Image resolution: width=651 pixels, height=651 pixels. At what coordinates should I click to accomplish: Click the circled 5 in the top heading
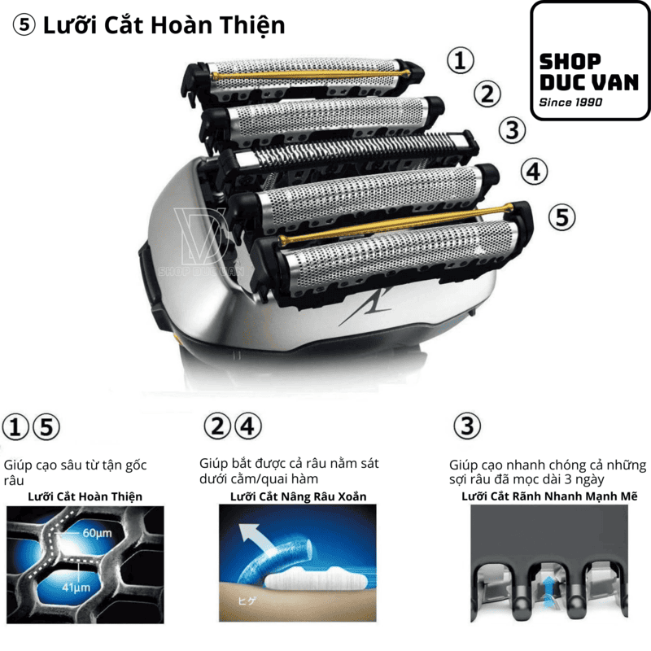click(24, 25)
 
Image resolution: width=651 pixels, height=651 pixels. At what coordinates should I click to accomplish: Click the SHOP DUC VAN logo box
click(590, 60)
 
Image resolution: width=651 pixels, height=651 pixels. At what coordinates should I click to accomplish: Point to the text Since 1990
click(570, 103)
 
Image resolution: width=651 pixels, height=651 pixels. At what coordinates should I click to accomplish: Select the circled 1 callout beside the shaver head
click(461, 60)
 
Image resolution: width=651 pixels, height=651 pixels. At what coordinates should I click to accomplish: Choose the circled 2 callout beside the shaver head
click(487, 94)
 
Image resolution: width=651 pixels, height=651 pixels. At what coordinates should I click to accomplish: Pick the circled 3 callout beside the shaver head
click(513, 130)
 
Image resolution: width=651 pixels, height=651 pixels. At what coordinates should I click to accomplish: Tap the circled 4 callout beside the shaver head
click(534, 172)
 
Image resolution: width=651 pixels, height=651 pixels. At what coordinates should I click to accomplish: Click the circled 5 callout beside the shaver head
click(561, 217)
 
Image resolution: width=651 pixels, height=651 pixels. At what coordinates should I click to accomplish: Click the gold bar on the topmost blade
click(311, 74)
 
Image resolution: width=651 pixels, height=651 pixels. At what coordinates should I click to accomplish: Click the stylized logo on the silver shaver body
click(365, 308)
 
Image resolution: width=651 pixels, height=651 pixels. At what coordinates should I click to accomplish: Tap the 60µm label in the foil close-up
click(97, 533)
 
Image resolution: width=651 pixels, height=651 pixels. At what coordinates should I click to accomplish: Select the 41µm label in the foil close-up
click(76, 588)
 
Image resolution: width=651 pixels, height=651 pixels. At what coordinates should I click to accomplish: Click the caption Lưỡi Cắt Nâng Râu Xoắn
click(298, 496)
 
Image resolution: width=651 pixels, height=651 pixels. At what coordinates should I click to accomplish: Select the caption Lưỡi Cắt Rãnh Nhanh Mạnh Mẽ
click(549, 496)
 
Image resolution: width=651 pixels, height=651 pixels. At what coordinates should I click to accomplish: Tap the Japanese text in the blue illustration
click(247, 601)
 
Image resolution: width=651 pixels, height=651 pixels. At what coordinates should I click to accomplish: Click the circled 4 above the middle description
click(248, 426)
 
